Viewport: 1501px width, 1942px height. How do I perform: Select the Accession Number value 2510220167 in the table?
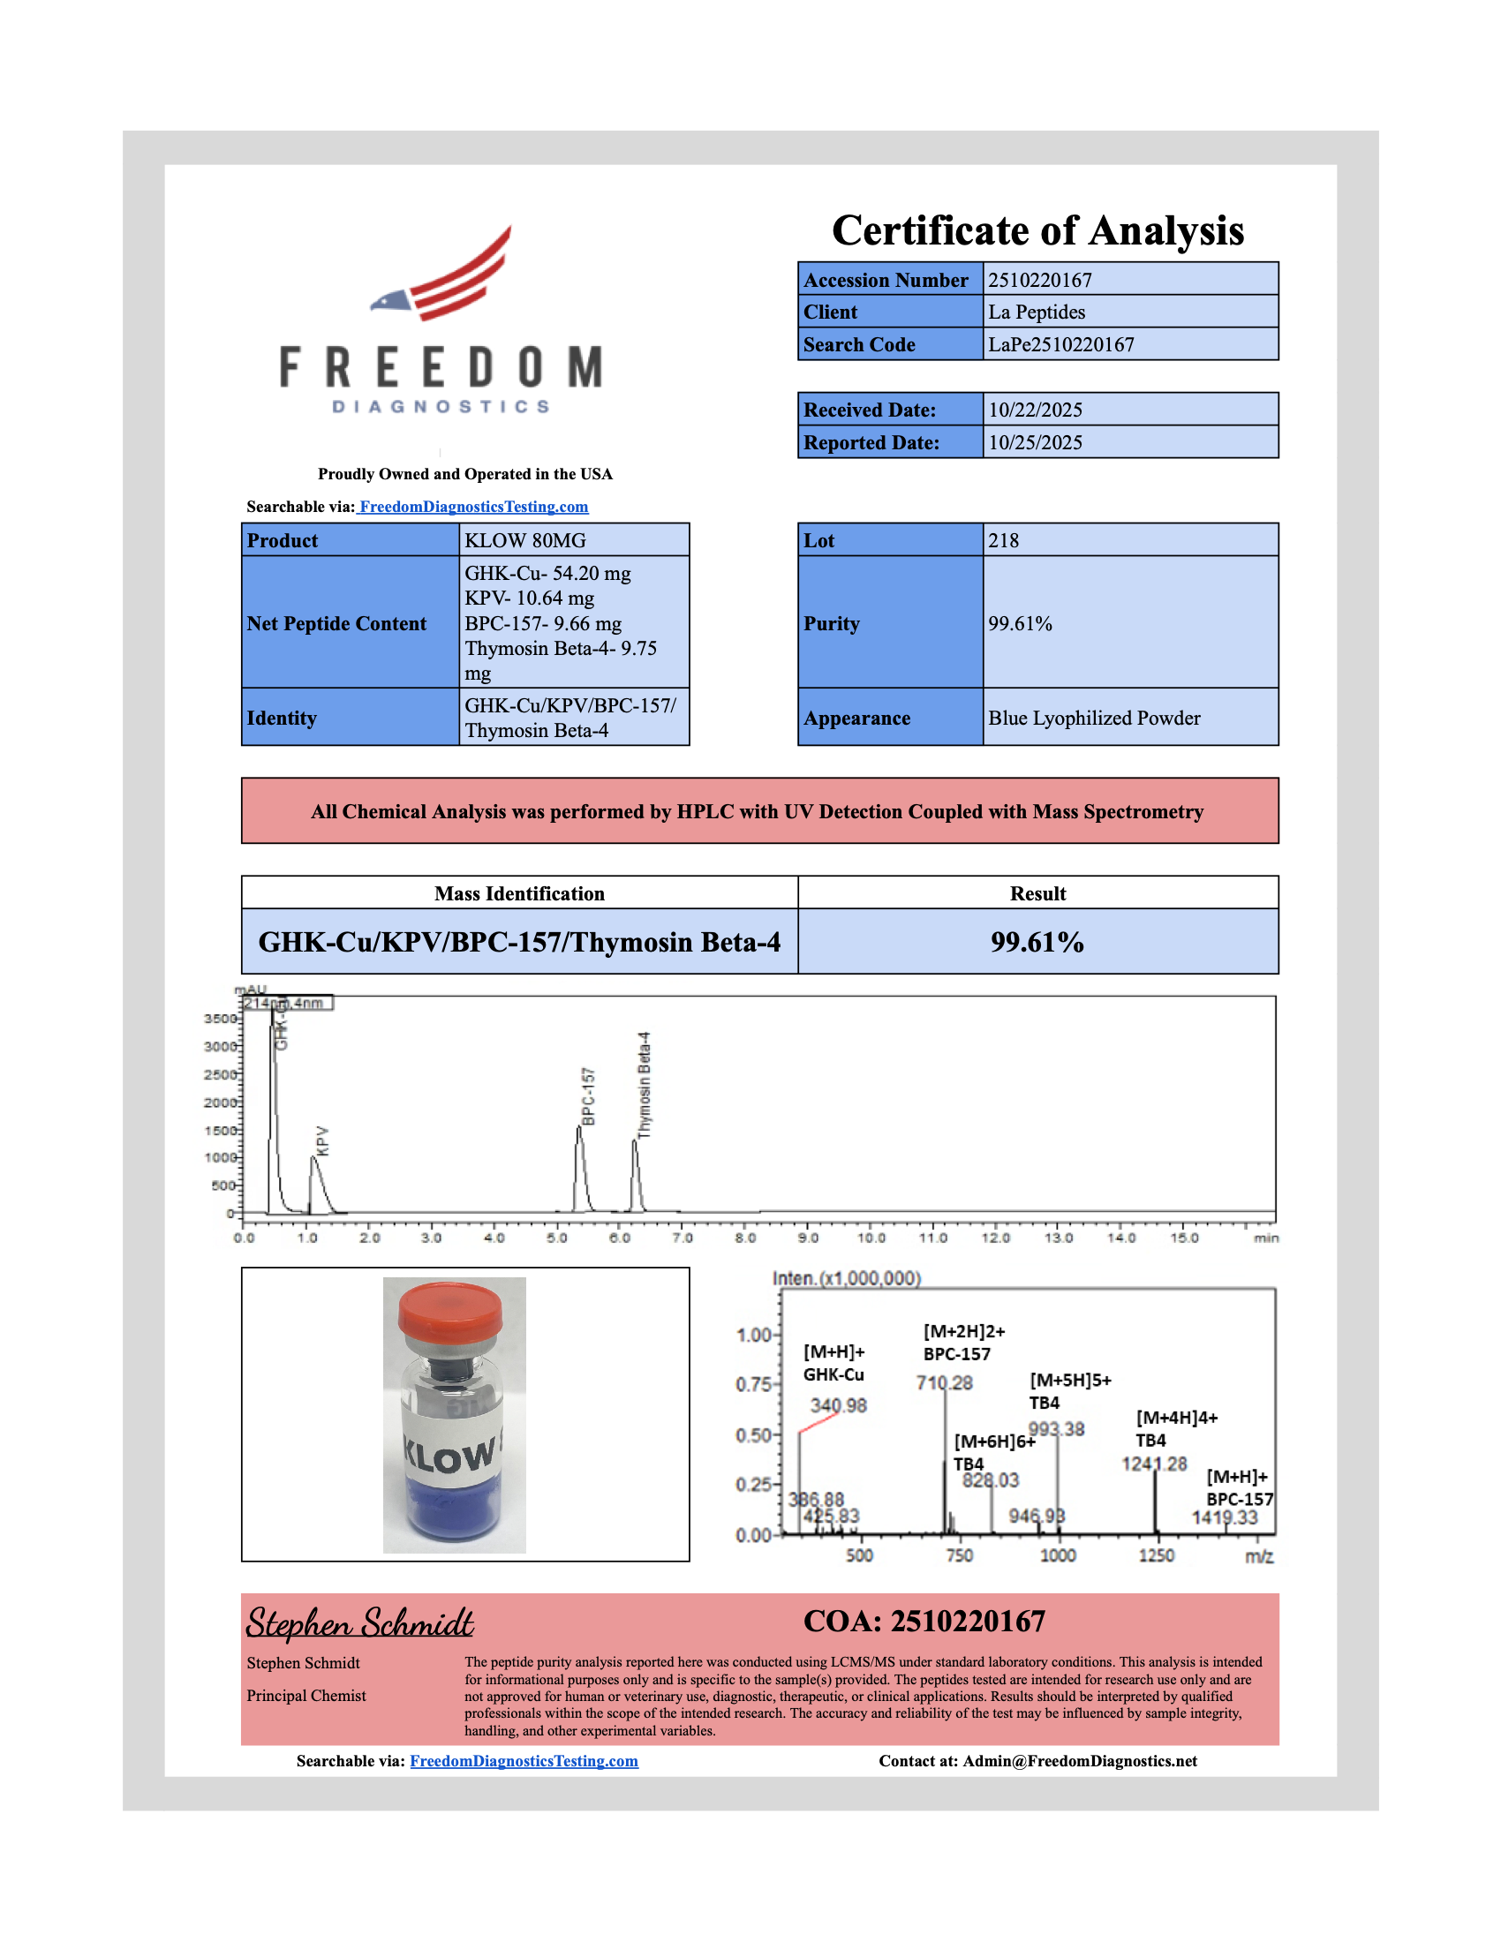pos(1039,280)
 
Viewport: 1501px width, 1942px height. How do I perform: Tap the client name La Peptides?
pos(1036,312)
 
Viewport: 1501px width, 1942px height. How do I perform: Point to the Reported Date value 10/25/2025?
pos(1035,443)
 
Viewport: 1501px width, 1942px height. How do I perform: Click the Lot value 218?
pos(1003,540)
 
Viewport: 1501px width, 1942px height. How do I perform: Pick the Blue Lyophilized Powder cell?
pos(1094,719)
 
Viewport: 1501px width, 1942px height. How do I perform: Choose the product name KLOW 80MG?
pos(524,540)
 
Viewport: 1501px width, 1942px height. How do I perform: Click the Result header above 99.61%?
pos(1037,893)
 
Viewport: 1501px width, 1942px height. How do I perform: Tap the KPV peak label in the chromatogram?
pos(323,1140)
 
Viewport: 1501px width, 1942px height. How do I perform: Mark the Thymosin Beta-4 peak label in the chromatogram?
pos(645,1085)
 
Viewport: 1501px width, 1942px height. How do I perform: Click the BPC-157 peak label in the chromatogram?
pos(588,1096)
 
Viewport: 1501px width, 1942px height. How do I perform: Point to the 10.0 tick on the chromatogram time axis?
pos(871,1238)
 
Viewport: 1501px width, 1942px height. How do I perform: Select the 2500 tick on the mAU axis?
pos(220,1074)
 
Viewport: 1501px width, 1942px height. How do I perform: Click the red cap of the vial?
pos(450,1308)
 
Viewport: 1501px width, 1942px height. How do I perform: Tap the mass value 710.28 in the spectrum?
pos(945,1383)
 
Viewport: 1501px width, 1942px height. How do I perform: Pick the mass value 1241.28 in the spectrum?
pos(1153,1464)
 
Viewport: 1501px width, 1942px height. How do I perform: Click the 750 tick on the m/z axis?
pos(960,1556)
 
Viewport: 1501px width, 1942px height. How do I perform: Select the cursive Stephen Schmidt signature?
pos(359,1623)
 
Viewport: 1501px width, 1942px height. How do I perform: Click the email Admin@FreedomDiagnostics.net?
pos(1080,1762)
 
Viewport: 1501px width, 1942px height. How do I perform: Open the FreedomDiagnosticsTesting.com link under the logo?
pos(473,507)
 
